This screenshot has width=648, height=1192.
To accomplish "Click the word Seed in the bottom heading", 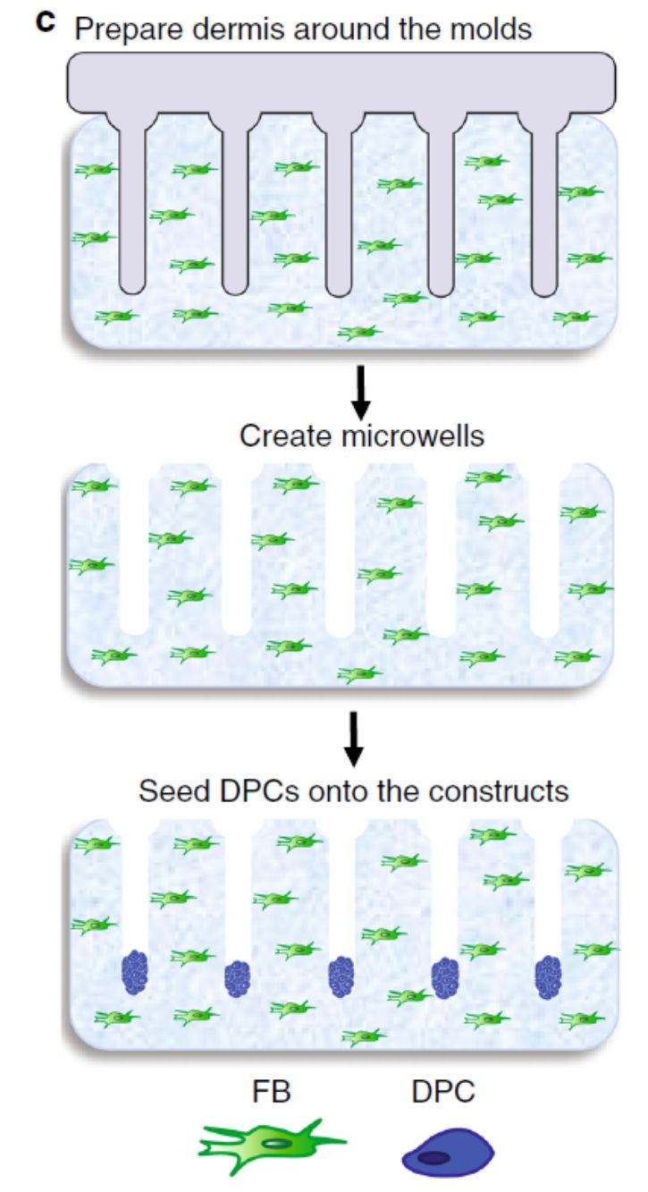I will [168, 792].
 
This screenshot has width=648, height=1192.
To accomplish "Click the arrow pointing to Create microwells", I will [358, 391].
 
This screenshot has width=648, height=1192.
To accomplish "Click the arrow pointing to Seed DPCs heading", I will [355, 738].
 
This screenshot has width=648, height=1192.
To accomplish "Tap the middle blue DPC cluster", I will [341, 976].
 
